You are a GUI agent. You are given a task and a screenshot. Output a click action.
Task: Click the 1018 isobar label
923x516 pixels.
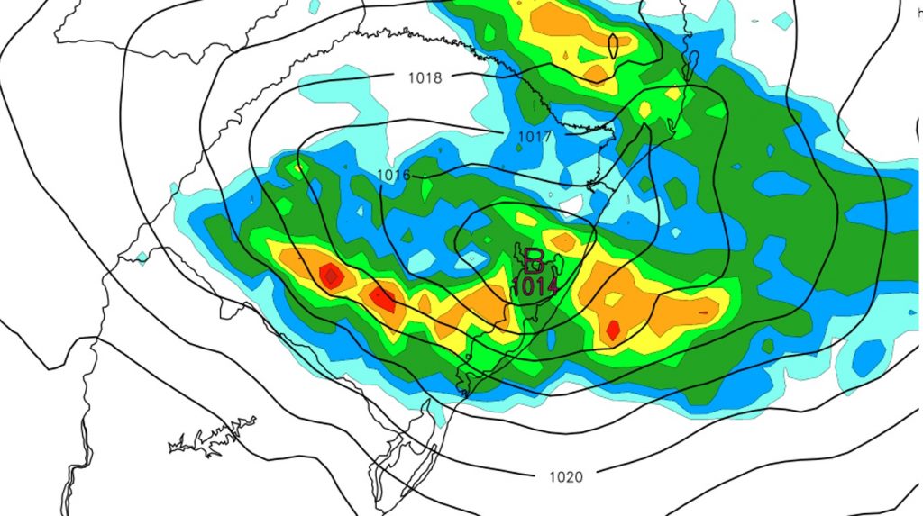coord(425,78)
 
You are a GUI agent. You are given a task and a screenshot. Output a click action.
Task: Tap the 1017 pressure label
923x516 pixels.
coord(534,136)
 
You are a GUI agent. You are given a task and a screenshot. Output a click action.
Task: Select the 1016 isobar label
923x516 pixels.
coord(394,174)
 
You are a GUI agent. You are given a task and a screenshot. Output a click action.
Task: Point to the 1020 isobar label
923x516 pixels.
coord(565,476)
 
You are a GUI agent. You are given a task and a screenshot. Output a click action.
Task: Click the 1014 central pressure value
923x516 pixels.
coord(535,286)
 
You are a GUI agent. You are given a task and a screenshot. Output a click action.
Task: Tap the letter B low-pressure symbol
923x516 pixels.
coord(534,261)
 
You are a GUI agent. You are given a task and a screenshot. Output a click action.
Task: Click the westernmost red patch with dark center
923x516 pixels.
coord(331,276)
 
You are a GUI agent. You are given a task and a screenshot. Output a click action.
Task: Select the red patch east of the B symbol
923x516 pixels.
coord(613,330)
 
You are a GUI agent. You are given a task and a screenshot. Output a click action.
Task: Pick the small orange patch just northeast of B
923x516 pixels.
coord(562,240)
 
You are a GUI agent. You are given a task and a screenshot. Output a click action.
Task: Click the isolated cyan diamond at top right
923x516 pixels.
coord(783,19)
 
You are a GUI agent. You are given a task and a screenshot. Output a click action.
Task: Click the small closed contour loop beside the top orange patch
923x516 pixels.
coord(613,44)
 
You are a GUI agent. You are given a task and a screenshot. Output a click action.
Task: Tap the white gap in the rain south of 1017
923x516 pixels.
coord(568,204)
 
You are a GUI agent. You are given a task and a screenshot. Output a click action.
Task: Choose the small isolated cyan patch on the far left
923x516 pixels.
coord(142,258)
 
